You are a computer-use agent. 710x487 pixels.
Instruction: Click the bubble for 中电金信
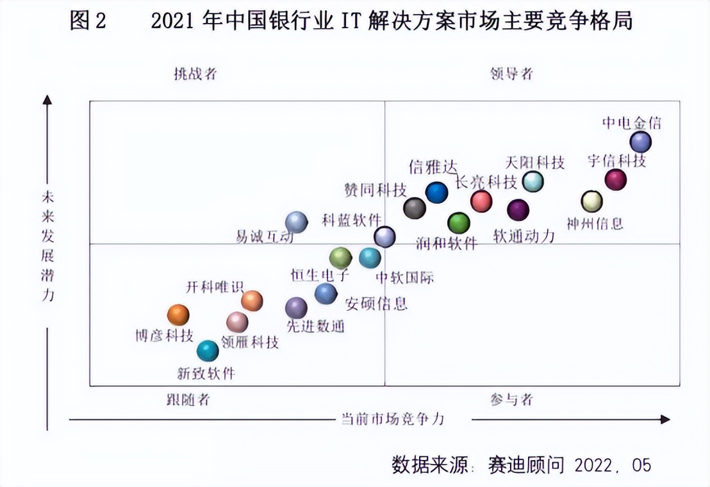(x=640, y=141)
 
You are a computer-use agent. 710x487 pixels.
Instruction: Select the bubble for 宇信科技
(x=616, y=180)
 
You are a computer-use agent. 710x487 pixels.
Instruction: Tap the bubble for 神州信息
(x=591, y=201)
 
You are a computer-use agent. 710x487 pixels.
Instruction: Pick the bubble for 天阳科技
(x=533, y=181)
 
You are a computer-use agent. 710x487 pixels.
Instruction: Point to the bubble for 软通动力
(x=518, y=210)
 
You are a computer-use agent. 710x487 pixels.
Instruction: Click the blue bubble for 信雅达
(x=436, y=192)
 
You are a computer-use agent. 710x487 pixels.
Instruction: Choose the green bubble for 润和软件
(x=459, y=222)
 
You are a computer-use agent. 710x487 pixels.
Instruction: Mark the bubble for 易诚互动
(x=296, y=222)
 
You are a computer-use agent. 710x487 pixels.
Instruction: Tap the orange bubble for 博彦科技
(x=178, y=315)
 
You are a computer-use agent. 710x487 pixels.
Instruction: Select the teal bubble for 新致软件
(x=208, y=351)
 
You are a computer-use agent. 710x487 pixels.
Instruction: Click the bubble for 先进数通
(x=296, y=308)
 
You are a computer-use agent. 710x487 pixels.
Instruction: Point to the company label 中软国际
(x=404, y=278)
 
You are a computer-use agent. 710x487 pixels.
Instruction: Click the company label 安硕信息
(x=376, y=303)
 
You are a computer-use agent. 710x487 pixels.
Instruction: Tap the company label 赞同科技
(x=376, y=190)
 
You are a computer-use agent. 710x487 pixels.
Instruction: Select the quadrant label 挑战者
(x=195, y=74)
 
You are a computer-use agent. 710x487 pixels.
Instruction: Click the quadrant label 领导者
(x=512, y=74)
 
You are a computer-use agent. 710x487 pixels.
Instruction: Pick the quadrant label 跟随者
(x=188, y=400)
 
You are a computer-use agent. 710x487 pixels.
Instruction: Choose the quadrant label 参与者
(x=512, y=400)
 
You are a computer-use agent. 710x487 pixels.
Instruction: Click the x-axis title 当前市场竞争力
(x=392, y=419)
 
